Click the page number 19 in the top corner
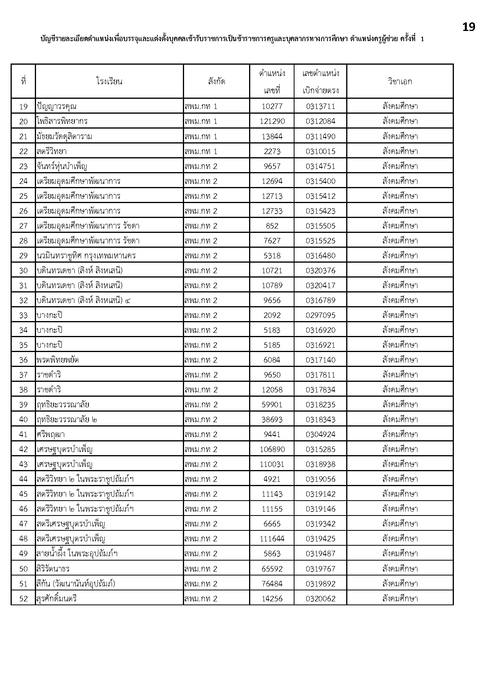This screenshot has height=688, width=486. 468,27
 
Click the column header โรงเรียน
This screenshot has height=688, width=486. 109,82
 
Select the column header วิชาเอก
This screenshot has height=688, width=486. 400,82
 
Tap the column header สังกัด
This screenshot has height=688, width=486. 217,82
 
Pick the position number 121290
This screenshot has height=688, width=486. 272,122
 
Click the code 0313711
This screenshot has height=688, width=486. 320,107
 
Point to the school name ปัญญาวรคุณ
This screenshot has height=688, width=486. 57,107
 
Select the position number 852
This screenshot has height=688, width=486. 272,226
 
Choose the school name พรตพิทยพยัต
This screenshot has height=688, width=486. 58,360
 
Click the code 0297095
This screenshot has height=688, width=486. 320,315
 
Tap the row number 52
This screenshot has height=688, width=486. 23,599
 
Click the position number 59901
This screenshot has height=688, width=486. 272,405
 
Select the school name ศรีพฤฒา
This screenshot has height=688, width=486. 51,434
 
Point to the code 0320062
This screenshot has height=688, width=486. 320,599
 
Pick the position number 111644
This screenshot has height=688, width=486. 272,539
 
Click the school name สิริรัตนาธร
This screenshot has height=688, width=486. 53,569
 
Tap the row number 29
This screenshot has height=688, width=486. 23,256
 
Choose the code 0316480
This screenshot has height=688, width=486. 320,256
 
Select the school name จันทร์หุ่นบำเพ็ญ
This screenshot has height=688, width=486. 62,166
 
